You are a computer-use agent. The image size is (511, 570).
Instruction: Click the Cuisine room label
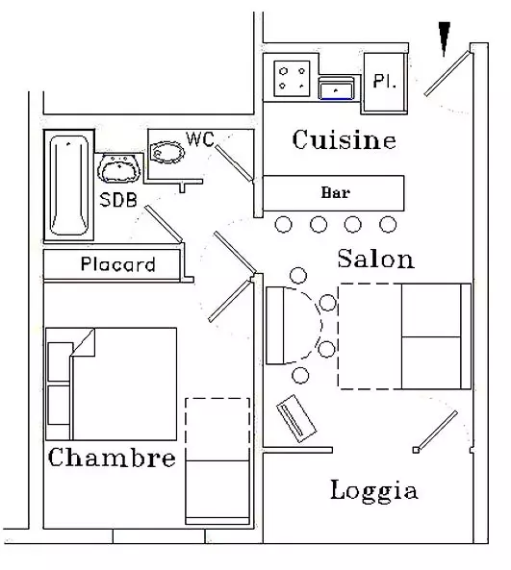[x=344, y=140]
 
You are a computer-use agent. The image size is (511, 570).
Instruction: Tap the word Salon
[x=375, y=259]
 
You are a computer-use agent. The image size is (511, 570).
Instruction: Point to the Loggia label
[x=373, y=491]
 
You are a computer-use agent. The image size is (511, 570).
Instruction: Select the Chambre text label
[x=112, y=458]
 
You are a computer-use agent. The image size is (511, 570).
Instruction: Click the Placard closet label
[x=118, y=264]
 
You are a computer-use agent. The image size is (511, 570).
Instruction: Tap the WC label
[x=200, y=139]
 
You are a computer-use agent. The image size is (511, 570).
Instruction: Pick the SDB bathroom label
[x=118, y=200]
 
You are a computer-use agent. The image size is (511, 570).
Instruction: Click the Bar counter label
[x=335, y=192]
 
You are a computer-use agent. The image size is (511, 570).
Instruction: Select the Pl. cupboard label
[x=384, y=81]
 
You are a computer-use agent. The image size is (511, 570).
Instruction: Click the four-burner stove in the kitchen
[x=292, y=79]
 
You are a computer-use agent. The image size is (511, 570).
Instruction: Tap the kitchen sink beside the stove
[x=336, y=88]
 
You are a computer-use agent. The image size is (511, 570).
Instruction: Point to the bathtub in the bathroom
[x=68, y=186]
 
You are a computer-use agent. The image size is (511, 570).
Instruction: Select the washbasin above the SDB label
[x=119, y=168]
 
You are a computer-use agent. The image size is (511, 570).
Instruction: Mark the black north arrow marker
[x=444, y=38]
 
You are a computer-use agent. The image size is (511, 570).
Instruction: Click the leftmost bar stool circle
[x=283, y=224]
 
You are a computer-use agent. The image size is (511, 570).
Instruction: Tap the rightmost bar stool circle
[x=388, y=224]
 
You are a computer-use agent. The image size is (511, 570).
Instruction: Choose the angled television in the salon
[x=296, y=418]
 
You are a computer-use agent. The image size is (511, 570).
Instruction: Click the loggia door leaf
[x=436, y=432]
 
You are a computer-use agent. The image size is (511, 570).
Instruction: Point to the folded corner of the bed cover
[x=84, y=342]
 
